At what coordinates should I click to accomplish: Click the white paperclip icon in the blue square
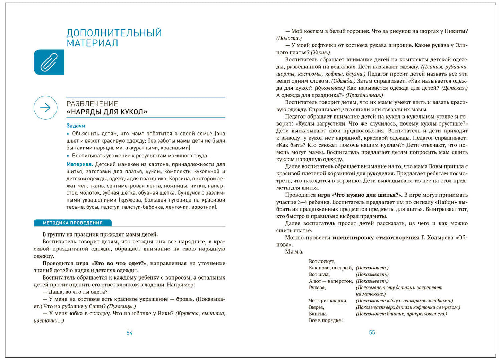pos(49,62)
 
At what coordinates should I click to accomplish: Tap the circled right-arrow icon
pos(45,108)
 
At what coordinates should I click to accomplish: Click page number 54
pos(129,333)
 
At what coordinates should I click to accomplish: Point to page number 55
pos(372,333)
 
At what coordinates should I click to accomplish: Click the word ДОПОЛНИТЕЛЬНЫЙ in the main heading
pos(114,33)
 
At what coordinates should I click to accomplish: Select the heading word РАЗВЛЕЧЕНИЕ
pos(92,104)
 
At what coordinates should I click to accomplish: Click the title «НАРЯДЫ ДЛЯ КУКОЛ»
pos(107,112)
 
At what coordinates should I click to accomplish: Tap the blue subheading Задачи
pos(76,126)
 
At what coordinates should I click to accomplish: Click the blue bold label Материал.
pos(79,164)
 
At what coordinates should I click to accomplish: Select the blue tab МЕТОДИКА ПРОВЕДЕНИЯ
pos(72,223)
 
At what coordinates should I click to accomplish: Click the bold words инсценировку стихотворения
pos(375,238)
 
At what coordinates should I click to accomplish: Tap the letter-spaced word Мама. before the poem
pos(294,252)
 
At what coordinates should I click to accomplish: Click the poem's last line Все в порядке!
pos(326,320)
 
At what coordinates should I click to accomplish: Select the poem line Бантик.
pos(318,314)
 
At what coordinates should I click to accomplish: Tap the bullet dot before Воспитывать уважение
pos(68,156)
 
